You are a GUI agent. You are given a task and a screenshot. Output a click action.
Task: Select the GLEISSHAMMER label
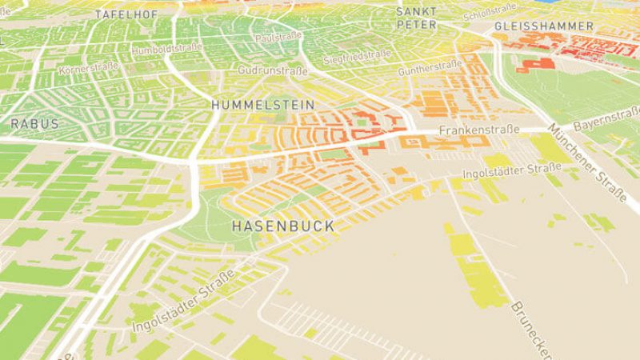point(544,26)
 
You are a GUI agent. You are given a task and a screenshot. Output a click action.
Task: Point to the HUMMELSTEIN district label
point(251,105)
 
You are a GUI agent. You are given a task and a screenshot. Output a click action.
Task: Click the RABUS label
point(34,124)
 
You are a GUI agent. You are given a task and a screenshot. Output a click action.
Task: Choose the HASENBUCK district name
point(283,226)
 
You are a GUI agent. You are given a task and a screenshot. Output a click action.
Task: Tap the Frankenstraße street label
point(480,130)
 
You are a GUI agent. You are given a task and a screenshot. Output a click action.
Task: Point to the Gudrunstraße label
point(272,71)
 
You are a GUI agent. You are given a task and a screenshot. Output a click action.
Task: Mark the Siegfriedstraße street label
point(357,58)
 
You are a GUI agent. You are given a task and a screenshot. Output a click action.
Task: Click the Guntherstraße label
point(429,68)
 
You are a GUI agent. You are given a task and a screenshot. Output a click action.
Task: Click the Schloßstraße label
point(489,9)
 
